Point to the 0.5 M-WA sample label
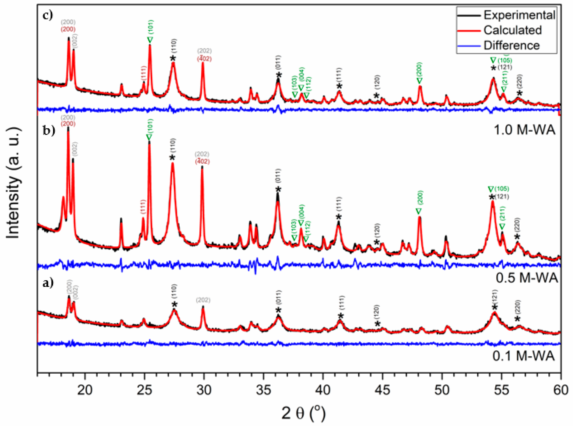pyautogui.click(x=527, y=278)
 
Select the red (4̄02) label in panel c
pyautogui.click(x=204, y=59)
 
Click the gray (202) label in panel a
pyautogui.click(x=203, y=300)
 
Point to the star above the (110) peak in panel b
pyautogui.click(x=172, y=157)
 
